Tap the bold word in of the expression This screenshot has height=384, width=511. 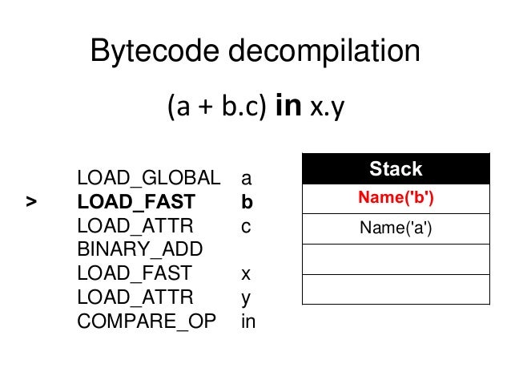(x=288, y=107)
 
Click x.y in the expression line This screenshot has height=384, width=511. (x=325, y=107)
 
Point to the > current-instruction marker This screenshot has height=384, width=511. (x=30, y=202)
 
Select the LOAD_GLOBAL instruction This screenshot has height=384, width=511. (x=148, y=177)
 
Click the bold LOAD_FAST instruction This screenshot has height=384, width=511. (x=135, y=202)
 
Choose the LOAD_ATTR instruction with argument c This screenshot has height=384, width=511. (x=135, y=226)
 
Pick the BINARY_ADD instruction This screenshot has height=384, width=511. (x=140, y=249)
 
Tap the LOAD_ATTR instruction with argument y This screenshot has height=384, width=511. (x=135, y=297)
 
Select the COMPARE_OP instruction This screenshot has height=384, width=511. (x=147, y=321)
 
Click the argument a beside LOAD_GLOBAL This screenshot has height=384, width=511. (x=246, y=178)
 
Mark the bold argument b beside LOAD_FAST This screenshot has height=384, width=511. (x=247, y=202)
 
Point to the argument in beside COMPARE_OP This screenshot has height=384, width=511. (x=248, y=321)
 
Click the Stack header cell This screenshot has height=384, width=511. (x=396, y=169)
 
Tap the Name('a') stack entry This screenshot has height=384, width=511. (x=396, y=230)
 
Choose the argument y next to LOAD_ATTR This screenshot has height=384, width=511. (x=246, y=298)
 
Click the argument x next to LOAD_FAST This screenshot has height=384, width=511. (x=246, y=274)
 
